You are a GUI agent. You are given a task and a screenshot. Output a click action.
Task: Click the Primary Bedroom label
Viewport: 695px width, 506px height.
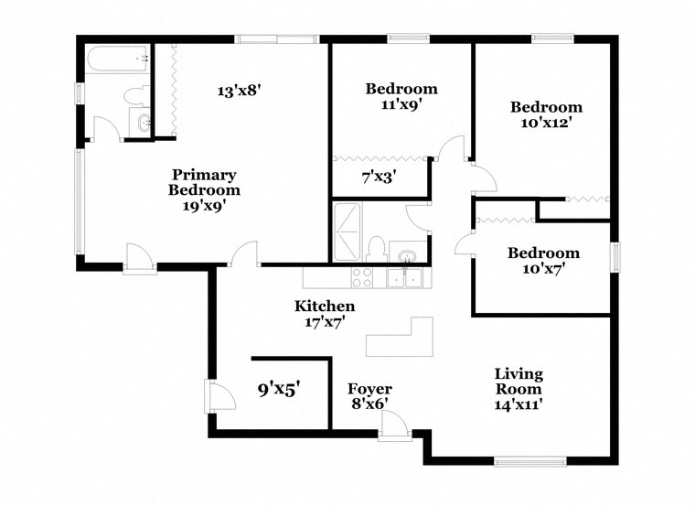[x=204, y=190]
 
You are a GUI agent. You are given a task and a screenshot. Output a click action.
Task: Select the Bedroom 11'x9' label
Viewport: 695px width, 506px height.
[x=401, y=96]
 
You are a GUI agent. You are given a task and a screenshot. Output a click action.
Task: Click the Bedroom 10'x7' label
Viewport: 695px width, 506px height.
[x=543, y=261]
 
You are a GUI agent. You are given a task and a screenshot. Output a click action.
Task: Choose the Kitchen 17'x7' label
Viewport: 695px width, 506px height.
[x=324, y=314]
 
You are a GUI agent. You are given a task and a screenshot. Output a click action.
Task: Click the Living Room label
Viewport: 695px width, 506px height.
[x=519, y=389]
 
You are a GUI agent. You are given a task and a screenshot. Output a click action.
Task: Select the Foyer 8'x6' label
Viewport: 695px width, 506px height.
[x=370, y=397]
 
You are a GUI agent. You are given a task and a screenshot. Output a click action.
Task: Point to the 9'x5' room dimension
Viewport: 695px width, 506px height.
[x=279, y=388]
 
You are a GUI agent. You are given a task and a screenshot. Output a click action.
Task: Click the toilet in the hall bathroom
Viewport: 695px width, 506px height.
[x=376, y=247]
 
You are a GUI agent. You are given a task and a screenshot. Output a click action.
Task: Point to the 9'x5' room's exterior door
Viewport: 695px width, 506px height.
[x=216, y=395]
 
